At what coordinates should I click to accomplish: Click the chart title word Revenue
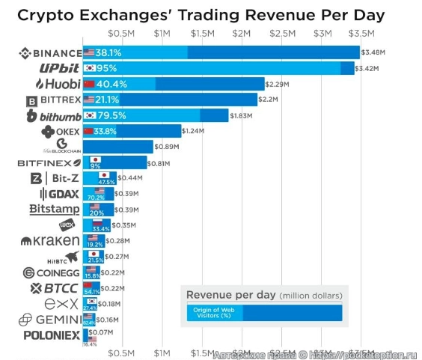tap(256, 15)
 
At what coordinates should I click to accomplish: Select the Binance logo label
tap(49, 53)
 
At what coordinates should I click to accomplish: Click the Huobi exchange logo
tap(53, 84)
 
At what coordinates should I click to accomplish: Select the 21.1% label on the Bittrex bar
tap(106, 100)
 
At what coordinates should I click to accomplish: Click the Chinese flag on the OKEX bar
tap(89, 131)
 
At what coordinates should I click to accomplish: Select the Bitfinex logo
tap(49, 162)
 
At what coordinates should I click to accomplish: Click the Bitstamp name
tap(55, 209)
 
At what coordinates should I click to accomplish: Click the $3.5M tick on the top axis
tap(361, 34)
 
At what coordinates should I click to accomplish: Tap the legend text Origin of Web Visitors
tap(214, 312)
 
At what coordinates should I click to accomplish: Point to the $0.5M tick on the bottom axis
tap(121, 352)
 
